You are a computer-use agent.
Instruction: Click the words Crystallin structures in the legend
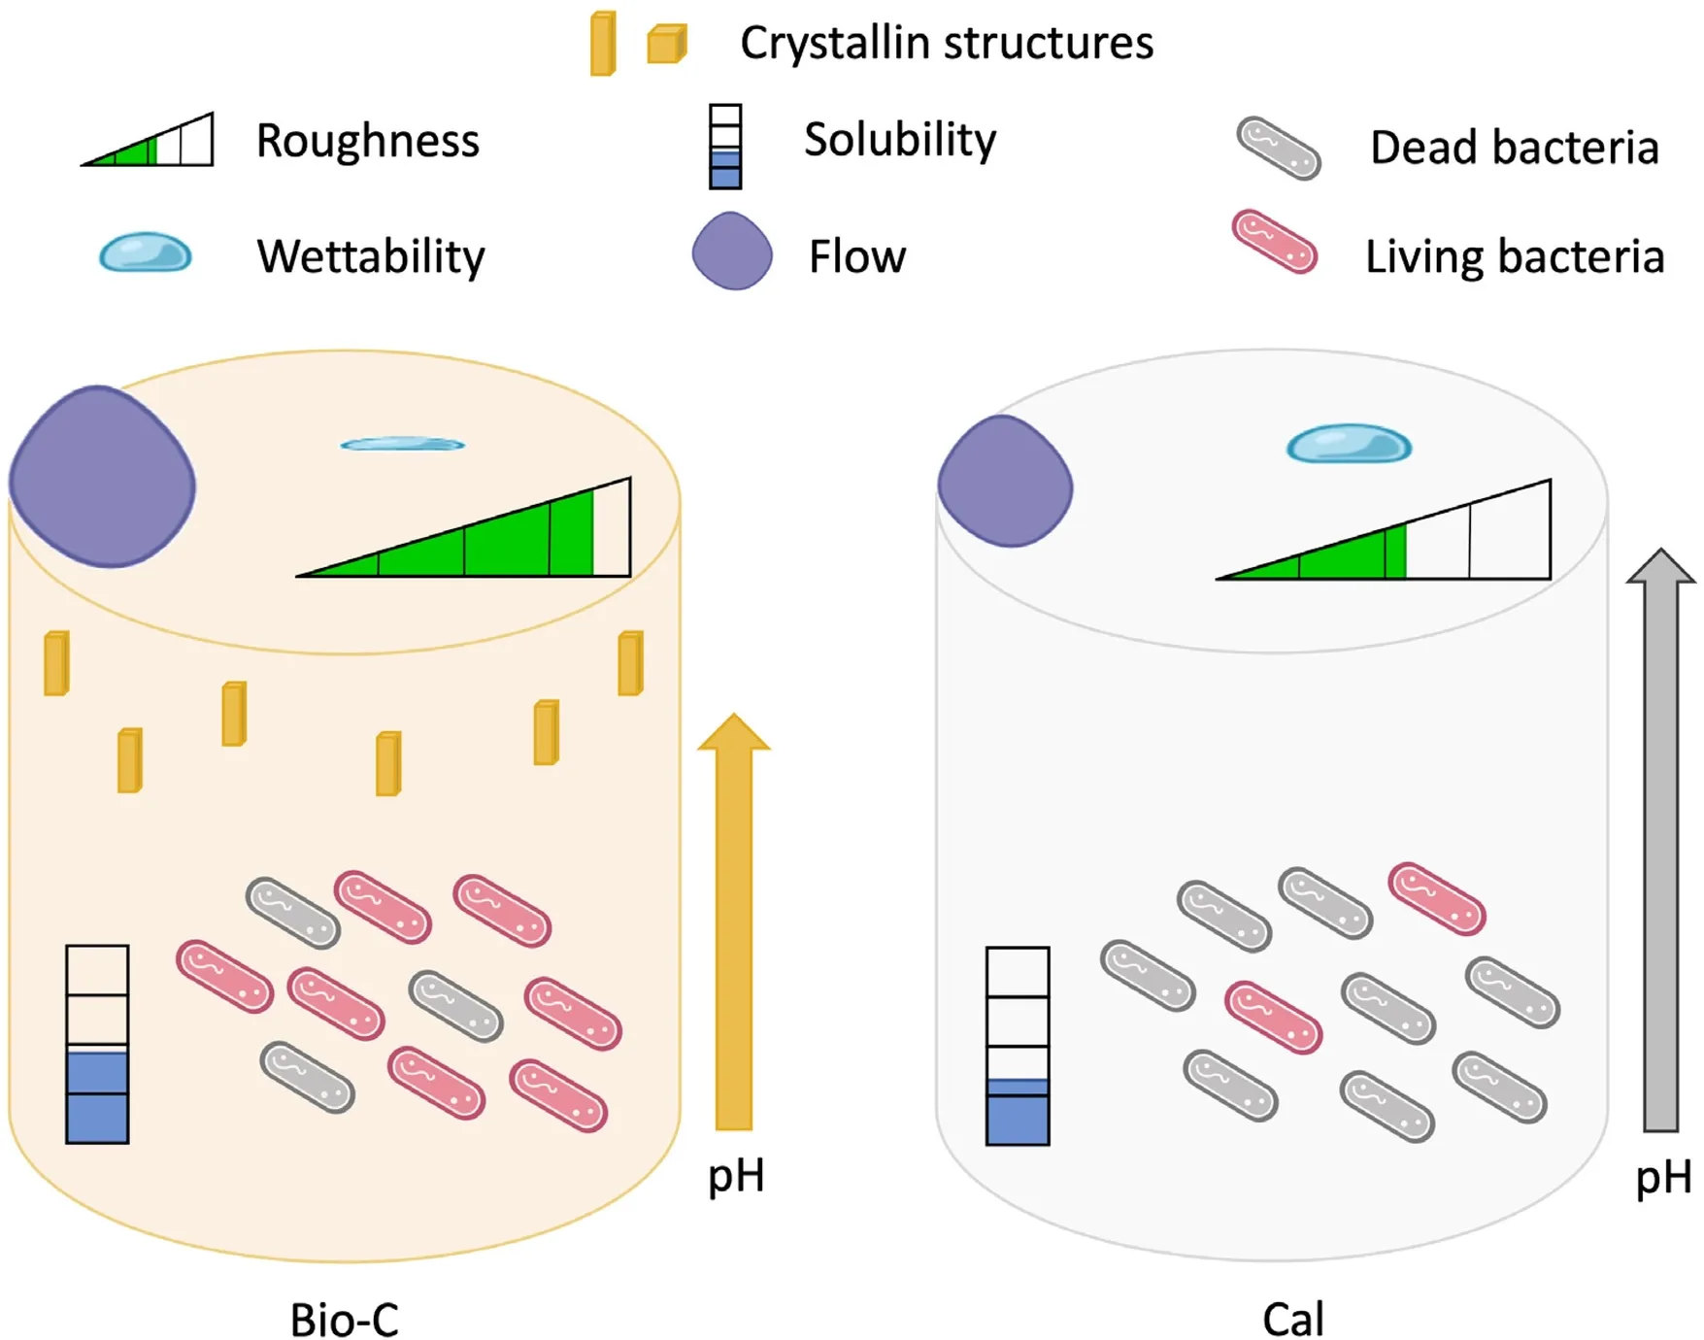tap(947, 44)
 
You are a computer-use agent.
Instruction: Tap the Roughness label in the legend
tap(368, 141)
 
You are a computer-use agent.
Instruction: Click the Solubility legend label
tap(900, 141)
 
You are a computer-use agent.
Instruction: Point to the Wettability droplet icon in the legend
tap(146, 252)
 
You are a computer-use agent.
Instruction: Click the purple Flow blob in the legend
tap(732, 251)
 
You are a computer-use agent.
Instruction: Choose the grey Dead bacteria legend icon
tap(1278, 149)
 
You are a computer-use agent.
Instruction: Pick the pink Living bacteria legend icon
tap(1275, 242)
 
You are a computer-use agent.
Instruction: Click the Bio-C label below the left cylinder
tap(345, 1320)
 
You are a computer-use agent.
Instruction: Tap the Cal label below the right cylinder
tap(1293, 1320)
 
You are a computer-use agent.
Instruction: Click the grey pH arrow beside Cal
tap(1661, 840)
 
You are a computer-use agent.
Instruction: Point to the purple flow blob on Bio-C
tap(102, 477)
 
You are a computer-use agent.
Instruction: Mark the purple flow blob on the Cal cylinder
tap(1005, 481)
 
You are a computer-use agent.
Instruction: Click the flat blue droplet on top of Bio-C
tap(402, 444)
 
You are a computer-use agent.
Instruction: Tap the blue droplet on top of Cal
tap(1349, 444)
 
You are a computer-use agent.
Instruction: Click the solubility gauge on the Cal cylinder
tap(1018, 1046)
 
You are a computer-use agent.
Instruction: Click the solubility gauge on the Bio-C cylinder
tap(97, 1044)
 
